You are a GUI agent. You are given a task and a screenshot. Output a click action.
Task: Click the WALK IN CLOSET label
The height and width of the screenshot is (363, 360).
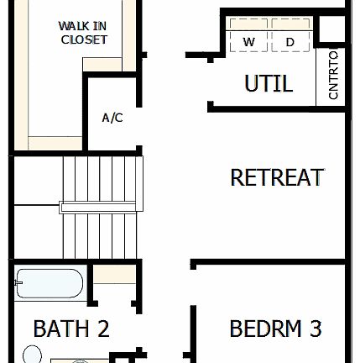[83, 33]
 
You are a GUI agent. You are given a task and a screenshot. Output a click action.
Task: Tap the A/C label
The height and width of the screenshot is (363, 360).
[112, 118]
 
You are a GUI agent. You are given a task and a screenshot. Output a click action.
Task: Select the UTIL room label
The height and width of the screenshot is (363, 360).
[268, 83]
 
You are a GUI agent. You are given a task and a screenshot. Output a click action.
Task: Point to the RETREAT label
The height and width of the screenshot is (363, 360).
[276, 177]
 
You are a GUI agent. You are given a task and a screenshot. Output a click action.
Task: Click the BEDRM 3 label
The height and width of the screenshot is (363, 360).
[275, 328]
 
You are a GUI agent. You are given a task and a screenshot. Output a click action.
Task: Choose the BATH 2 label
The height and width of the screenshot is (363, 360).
[70, 328]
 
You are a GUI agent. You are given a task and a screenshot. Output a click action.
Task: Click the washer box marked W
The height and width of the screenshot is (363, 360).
[249, 41]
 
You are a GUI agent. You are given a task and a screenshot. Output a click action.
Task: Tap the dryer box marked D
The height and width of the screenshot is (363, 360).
[290, 41]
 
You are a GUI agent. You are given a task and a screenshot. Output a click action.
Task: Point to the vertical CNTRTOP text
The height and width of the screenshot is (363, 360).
[333, 76]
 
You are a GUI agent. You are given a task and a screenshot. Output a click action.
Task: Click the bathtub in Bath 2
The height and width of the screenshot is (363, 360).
[49, 284]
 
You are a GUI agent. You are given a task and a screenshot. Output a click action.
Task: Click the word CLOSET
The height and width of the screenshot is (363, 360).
[84, 39]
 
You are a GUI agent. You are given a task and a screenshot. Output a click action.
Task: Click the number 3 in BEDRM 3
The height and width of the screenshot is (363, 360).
[315, 328]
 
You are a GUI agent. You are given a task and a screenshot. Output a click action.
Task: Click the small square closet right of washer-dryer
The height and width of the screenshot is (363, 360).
[332, 29]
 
